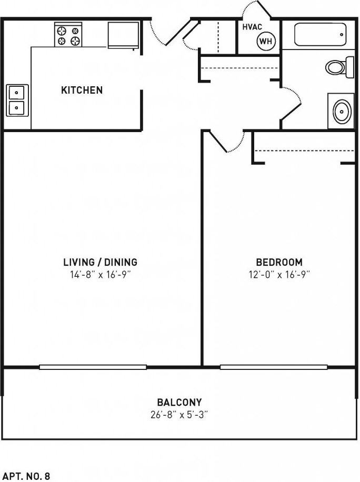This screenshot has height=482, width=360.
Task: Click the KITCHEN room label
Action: [82, 90]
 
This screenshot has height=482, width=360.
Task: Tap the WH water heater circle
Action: [266, 41]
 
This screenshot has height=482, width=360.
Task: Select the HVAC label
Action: [252, 27]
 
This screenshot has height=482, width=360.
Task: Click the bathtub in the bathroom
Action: [320, 35]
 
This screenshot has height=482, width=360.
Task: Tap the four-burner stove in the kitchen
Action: [68, 34]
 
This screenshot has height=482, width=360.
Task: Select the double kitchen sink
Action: [17, 100]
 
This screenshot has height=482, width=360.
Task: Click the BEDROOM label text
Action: [279, 262]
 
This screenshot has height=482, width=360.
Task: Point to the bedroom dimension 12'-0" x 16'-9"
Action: [279, 274]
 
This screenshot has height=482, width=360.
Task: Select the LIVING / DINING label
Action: [100, 262]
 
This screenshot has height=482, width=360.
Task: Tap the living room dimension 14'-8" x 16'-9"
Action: [100, 274]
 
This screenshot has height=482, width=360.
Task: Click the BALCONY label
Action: [179, 403]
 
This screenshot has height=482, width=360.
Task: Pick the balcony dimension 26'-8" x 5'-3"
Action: [179, 415]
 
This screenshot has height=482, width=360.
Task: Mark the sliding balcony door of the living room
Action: [93, 367]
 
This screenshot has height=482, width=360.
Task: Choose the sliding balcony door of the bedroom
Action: [274, 367]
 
